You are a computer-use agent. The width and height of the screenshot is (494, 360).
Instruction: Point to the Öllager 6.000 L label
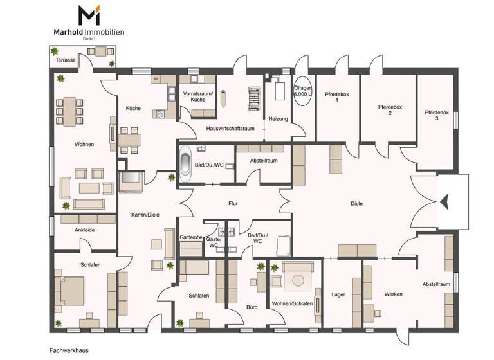(x=302, y=91)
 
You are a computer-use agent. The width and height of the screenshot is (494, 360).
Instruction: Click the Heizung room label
(x=278, y=118)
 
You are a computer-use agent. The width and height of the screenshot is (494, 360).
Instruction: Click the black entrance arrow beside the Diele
(x=443, y=202)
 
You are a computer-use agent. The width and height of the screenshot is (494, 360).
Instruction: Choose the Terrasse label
(x=66, y=60)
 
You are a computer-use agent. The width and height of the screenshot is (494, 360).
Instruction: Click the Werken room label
(x=394, y=294)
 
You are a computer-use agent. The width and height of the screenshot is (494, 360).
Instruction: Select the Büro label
(x=252, y=307)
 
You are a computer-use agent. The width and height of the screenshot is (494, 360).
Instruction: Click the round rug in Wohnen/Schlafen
(x=298, y=279)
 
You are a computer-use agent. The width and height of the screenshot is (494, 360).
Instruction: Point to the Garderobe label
(x=191, y=237)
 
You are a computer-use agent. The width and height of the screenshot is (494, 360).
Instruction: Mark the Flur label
(x=233, y=204)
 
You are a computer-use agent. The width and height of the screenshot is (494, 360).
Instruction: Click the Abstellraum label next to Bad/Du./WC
(x=264, y=161)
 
